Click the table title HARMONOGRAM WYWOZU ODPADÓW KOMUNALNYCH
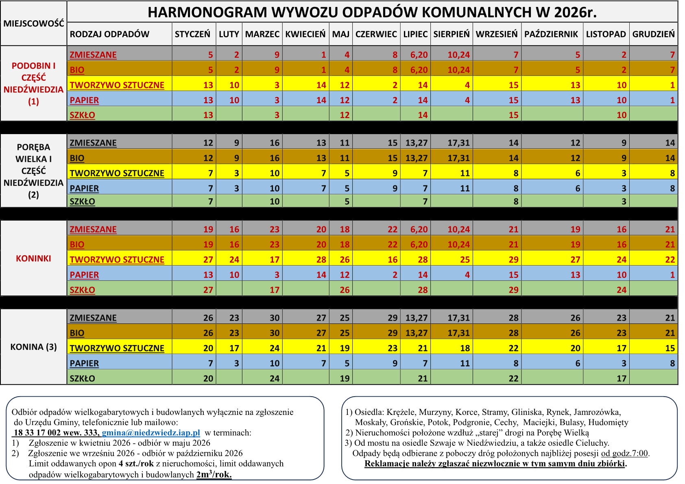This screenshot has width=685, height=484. [372, 12]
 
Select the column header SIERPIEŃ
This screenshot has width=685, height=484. [451, 34]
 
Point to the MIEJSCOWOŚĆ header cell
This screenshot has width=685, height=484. [34, 23]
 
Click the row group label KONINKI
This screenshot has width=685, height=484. [34, 258]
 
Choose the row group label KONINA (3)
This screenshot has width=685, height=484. [34, 347]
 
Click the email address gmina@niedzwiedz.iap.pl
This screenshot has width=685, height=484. [151, 433]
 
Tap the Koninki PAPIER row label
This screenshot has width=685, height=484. [84, 275]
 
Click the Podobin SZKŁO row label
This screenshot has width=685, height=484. [83, 115]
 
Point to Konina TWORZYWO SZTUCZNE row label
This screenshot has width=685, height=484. [117, 348]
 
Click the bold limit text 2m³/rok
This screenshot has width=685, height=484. [214, 475]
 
